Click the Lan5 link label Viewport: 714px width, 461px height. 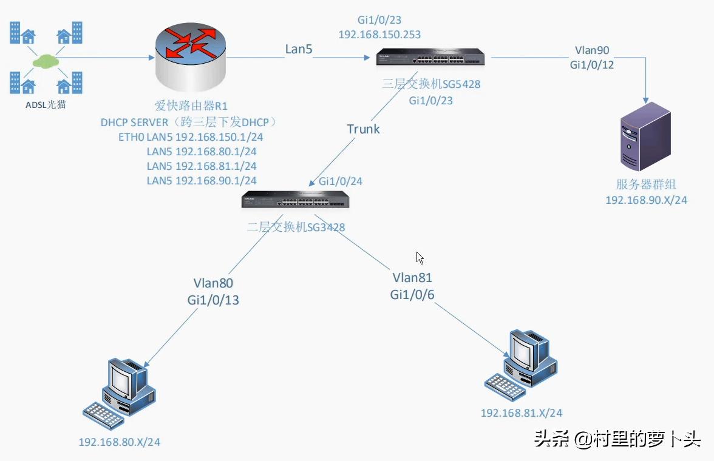coord(298,49)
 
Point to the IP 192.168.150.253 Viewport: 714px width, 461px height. coord(379,35)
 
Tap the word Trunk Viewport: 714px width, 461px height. coord(363,129)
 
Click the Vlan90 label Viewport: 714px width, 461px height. coord(591,50)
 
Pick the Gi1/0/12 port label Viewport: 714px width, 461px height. coord(591,64)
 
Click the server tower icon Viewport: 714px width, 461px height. coord(645,136)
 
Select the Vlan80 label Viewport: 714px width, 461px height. coord(213,283)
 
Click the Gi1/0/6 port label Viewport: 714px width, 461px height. coord(412,294)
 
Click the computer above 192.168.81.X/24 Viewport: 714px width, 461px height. coord(522,364)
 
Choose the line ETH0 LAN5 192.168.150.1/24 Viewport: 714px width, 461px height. coord(190,137)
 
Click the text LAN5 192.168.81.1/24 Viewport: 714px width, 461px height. coord(201,166)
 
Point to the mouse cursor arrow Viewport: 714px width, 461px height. coord(420,257)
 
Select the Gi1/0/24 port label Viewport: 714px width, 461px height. coord(341,181)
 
